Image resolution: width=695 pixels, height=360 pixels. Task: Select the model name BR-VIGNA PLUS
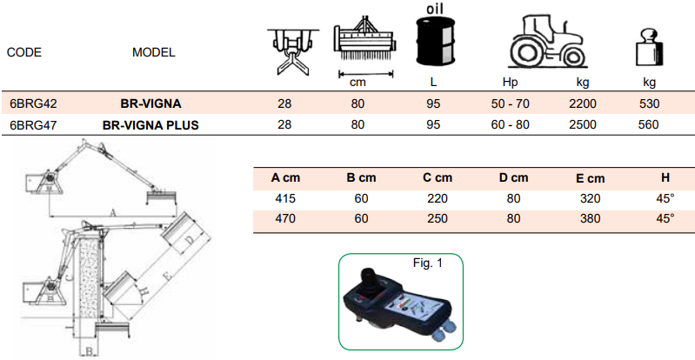coord(150,124)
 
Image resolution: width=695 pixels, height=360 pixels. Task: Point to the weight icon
coord(648,50)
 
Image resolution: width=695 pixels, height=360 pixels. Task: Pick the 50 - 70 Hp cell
coord(510,103)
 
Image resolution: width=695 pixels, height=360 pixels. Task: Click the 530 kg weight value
coord(649,103)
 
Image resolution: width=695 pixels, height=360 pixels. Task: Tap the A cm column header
coord(286,177)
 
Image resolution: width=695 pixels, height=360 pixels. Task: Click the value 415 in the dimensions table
coord(285,197)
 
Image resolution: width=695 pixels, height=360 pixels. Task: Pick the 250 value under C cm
coord(438,218)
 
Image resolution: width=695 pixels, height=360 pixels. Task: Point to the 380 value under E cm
coord(591,218)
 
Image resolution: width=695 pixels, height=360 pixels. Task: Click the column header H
coord(665,177)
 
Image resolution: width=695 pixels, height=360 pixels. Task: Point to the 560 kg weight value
coord(649,124)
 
